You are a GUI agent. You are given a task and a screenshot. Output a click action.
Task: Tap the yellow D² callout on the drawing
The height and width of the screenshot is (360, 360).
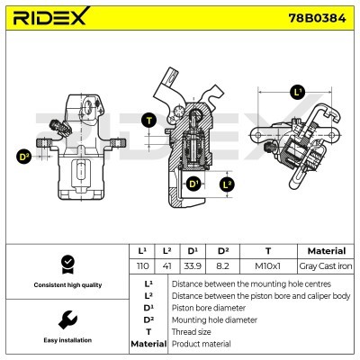(24, 157)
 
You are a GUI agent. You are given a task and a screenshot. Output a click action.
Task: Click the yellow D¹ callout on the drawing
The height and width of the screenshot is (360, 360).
(192, 184)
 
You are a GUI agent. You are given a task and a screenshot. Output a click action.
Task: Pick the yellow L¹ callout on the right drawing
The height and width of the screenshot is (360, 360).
(297, 91)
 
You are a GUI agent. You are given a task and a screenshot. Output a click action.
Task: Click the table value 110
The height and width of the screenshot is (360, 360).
(141, 266)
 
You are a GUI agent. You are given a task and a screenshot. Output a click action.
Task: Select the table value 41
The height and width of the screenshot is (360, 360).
(166, 266)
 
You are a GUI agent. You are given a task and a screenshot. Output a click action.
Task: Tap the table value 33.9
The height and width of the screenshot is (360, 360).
(193, 266)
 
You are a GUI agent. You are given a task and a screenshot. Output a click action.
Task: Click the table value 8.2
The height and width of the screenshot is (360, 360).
(221, 266)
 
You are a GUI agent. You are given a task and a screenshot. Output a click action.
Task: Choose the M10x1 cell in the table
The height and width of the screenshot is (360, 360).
(267, 266)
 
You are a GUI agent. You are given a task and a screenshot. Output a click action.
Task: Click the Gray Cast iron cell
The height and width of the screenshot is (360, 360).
(326, 266)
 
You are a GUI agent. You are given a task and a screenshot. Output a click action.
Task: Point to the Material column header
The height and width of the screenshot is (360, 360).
(326, 251)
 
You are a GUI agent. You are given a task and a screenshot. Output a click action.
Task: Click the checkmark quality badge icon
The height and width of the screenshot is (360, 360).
(66, 264)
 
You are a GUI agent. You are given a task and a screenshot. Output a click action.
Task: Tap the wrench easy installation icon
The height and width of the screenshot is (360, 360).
(66, 319)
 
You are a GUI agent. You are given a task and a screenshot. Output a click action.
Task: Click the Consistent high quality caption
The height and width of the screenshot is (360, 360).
(66, 285)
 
